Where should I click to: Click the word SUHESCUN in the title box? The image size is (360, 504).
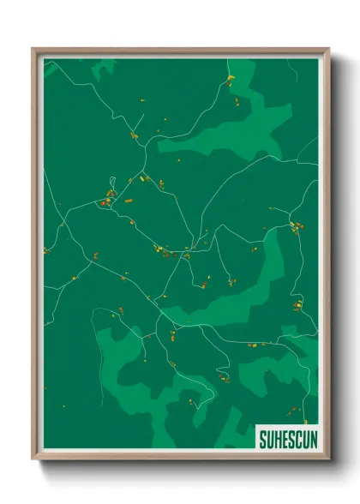286,439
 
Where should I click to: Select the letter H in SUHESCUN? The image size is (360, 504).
277,439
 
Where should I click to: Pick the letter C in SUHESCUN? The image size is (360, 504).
296,439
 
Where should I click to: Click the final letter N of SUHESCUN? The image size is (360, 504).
309,439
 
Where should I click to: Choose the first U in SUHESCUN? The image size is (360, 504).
270,439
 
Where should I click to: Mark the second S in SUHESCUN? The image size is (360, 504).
290,439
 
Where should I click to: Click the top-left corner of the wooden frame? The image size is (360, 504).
33,49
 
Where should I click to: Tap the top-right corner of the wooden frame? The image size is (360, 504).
328,49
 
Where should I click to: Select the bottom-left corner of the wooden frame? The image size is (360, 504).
33,460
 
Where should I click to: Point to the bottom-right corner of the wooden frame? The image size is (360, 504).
328,460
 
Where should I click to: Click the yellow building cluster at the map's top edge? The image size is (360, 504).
230,80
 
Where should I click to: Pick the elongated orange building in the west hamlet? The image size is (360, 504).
128,200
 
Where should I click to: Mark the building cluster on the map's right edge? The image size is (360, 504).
296,227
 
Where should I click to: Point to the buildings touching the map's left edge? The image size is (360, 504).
46,251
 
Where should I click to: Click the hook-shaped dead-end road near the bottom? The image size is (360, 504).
206,398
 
